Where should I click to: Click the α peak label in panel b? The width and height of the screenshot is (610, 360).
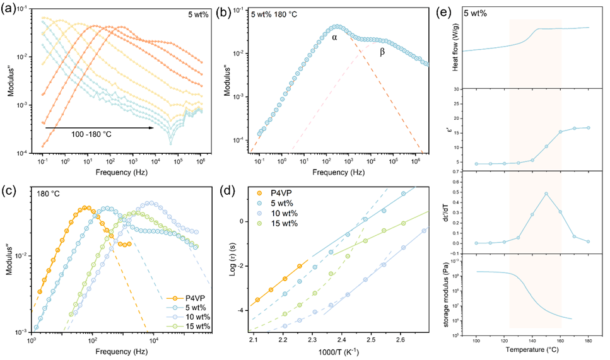pyautogui.click(x=335, y=38)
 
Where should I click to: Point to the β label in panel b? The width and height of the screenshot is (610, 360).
pyautogui.click(x=382, y=50)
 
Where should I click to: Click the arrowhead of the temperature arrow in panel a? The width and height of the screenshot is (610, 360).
pyautogui.click(x=153, y=128)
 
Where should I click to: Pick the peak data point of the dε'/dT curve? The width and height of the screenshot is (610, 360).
pyautogui.click(x=546, y=194)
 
